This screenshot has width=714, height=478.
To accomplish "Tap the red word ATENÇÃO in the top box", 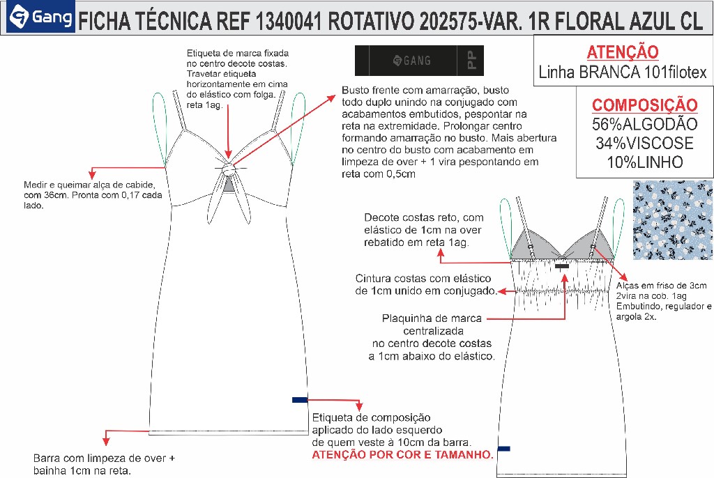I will coord(623,52).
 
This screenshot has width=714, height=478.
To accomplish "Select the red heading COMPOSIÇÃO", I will coord(644,105).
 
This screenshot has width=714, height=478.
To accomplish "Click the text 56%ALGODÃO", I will coord(644,125).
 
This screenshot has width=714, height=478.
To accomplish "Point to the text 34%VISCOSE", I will coord(644,144).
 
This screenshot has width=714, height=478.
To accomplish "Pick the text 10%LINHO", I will coord(644,162).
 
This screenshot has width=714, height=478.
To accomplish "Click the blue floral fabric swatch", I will coord(672,210).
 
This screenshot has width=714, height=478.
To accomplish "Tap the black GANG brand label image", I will coord(418,61).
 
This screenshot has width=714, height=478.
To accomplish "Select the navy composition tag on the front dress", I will coord(300,399).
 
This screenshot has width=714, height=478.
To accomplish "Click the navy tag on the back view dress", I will coord(503,448).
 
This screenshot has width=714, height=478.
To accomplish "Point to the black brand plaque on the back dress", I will coord(563,265).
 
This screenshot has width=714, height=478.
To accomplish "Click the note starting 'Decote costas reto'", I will coord(423,229).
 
